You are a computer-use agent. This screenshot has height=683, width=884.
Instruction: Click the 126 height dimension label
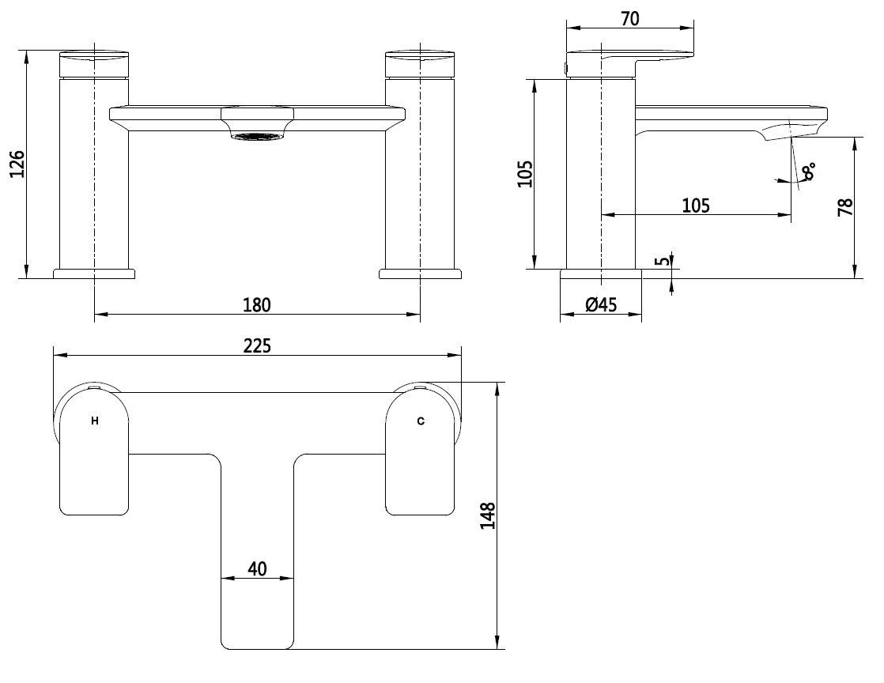coord(18,164)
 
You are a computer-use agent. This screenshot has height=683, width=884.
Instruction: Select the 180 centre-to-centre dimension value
coord(256,304)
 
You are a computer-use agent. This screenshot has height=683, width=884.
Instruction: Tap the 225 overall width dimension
coord(256,346)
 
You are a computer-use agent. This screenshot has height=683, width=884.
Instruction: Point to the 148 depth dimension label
coord(488,515)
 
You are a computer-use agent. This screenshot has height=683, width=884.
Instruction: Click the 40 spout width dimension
coord(257,568)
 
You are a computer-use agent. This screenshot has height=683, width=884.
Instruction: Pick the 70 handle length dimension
coord(630,19)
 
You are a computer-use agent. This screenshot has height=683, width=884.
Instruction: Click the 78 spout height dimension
coord(845,207)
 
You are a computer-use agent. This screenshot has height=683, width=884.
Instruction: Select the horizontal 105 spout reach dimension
coord(695,206)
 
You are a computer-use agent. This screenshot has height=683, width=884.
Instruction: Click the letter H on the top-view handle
coord(95,421)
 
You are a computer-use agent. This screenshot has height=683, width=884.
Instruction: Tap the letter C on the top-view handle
coord(420,421)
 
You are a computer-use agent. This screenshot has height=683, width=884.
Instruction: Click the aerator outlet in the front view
coord(257,138)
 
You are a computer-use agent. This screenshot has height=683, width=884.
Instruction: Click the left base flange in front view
coord(94,274)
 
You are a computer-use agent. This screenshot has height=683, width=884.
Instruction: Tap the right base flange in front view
coord(420,274)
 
